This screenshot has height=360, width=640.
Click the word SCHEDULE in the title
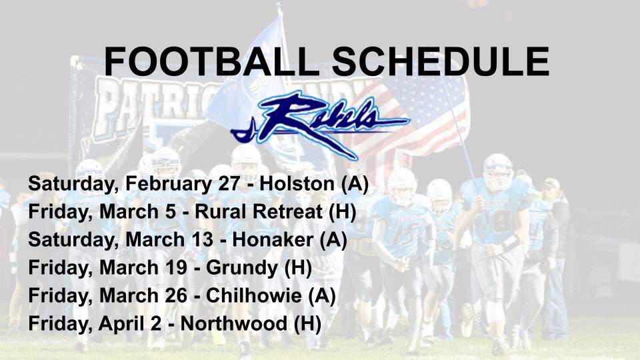pyautogui.click(x=441, y=61)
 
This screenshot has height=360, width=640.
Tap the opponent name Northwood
pyautogui.click(x=237, y=325)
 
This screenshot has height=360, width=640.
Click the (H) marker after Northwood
pyautogui.click(x=307, y=325)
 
